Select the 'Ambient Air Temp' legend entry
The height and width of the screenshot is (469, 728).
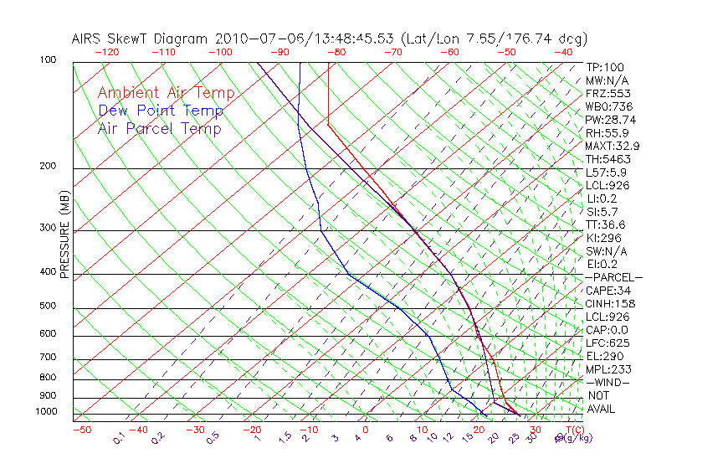166,93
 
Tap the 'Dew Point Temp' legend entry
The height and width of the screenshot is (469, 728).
161,111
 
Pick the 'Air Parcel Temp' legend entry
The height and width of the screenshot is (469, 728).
159,128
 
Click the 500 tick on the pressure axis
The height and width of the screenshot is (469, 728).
49,307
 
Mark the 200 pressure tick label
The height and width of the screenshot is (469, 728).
49,167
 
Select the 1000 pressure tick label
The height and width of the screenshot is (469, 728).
46,412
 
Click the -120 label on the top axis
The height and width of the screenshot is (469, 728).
106,52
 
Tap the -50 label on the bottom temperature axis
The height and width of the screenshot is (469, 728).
81,430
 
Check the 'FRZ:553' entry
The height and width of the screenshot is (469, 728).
608,93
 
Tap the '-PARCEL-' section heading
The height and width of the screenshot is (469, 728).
613,277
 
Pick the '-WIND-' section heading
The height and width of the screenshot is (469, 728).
607,382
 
